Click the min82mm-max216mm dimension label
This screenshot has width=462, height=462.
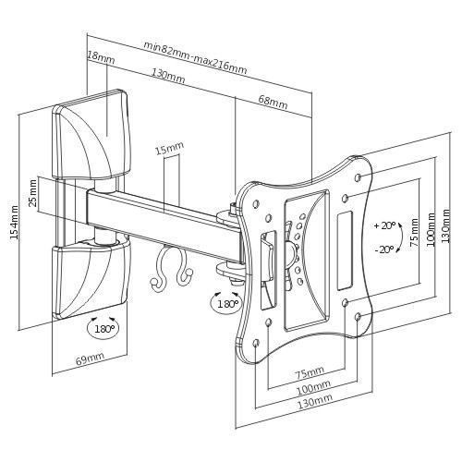tap(195, 57)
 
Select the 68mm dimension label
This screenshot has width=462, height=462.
tap(273, 103)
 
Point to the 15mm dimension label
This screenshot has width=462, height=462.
tap(169, 148)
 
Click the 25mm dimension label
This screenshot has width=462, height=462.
tap(33, 193)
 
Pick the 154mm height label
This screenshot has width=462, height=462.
tap(14, 223)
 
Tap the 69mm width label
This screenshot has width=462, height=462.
tap(90, 359)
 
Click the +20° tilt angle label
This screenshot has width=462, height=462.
tap(384, 225)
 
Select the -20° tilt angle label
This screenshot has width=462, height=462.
tap(384, 249)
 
